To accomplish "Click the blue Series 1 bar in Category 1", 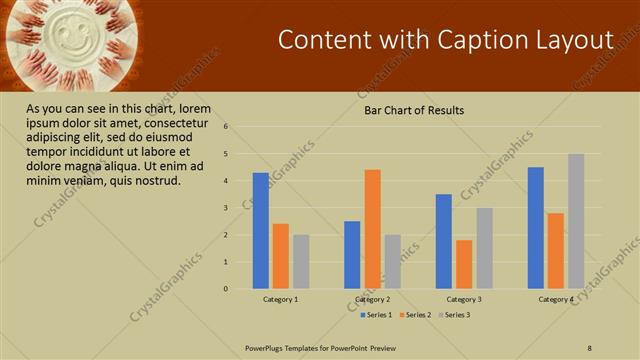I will pos(260,231).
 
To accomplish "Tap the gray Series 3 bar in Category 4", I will pos(576,221).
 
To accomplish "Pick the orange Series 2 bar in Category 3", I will pos(464,264).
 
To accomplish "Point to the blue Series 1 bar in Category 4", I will pos(536,228).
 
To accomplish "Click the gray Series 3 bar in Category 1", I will pos(301,262).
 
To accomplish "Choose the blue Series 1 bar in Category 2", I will pos(352,255).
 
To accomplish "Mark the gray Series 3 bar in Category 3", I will pos(484,248).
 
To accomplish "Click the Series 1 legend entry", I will pos(376,315).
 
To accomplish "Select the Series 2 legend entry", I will pos(415,315).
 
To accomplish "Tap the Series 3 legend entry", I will pos(454,315).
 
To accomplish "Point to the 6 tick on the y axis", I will pos(227,127).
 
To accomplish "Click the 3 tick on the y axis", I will pos(227,208).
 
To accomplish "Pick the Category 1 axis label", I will pos(281,299).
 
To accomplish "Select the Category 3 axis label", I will pos(464,299).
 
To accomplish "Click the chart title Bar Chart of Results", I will pos(414,111).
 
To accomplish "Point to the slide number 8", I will pos(590,347).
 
